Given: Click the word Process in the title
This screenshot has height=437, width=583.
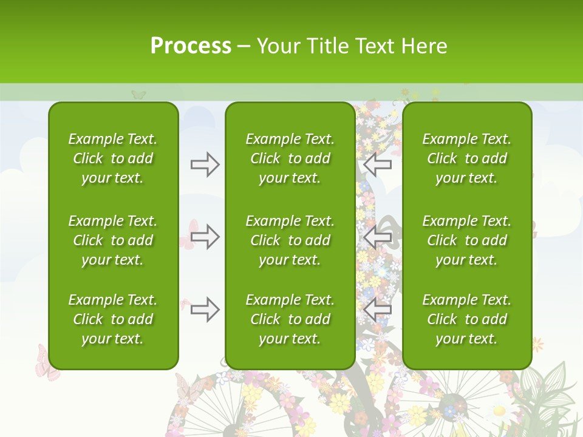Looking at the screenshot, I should pyautogui.click(x=191, y=46).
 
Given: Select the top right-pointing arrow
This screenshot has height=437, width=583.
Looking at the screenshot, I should pyautogui.click(x=205, y=164).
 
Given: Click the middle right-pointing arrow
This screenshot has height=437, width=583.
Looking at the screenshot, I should pyautogui.click(x=205, y=237).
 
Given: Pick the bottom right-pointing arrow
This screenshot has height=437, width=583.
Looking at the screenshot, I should pyautogui.click(x=205, y=310).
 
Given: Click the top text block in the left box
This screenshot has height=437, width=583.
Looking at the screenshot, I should pyautogui.click(x=113, y=158).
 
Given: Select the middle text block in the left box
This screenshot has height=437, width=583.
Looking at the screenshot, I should pyautogui.click(x=113, y=240).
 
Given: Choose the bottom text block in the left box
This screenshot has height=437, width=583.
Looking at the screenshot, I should pyautogui.click(x=113, y=319).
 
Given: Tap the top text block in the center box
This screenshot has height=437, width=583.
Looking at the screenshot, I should pyautogui.click(x=290, y=158).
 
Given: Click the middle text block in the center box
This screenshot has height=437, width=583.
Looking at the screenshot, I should pyautogui.click(x=290, y=240).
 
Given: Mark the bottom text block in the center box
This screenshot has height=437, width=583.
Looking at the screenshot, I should pyautogui.click(x=290, y=319).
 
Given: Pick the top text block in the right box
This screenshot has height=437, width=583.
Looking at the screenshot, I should pyautogui.click(x=467, y=158).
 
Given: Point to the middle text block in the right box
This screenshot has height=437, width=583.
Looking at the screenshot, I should pyautogui.click(x=467, y=240).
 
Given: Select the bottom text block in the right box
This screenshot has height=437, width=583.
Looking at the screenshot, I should pyautogui.click(x=467, y=319).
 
